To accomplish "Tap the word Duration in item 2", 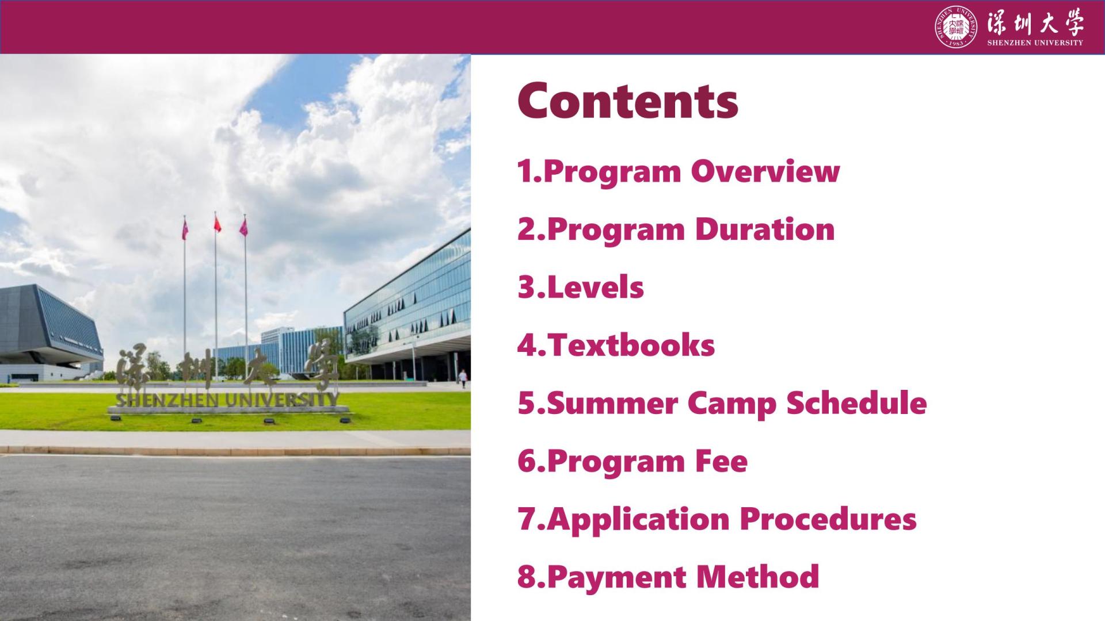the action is [x=765, y=229].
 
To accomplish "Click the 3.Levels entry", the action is [x=581, y=287].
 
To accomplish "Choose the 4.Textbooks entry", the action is [x=616, y=345].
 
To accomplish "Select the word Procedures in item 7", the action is [x=828, y=519].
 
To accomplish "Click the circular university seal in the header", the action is [x=956, y=27].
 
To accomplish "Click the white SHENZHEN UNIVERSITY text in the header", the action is [x=1035, y=43].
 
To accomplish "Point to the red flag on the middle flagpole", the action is [x=218, y=224].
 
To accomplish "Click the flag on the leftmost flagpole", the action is [x=185, y=230].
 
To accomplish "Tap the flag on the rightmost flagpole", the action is [x=243, y=227].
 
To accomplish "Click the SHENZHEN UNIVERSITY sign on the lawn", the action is [x=228, y=400].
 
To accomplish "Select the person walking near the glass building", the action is [x=463, y=379].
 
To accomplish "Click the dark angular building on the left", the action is [x=51, y=332].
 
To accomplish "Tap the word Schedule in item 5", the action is [x=856, y=402].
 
